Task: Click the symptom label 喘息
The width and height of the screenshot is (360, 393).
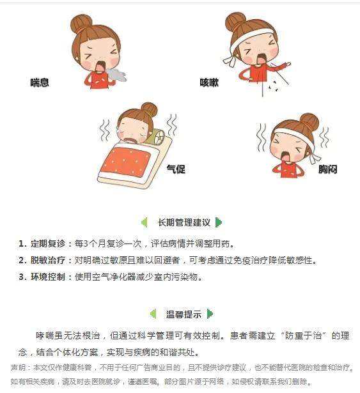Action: tap(40, 82)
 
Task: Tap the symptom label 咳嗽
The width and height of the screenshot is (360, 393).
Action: tap(209, 82)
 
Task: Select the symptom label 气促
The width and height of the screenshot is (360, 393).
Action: tap(176, 169)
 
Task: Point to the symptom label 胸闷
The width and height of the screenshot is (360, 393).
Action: tap(327, 169)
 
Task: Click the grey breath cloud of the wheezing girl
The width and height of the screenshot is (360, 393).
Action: tap(116, 74)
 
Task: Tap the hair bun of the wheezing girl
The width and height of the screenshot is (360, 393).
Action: tap(81, 23)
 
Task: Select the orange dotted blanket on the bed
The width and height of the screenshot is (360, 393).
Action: tap(126, 162)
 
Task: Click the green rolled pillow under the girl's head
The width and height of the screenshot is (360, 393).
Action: tap(157, 137)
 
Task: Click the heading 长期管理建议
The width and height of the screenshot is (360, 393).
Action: tap(184, 222)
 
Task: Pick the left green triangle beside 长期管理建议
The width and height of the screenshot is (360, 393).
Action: tap(145, 222)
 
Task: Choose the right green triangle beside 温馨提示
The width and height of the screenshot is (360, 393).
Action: tap(210, 314)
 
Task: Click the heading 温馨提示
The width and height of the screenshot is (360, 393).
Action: tap(184, 314)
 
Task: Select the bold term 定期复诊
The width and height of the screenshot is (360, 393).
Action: tap(48, 243)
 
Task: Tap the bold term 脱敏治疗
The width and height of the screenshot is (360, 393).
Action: tap(48, 260)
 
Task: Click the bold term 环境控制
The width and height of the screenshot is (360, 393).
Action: tap(48, 277)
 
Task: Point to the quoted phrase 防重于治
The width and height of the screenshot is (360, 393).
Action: tap(304, 335)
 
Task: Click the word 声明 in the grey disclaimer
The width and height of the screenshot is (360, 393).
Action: tap(18, 367)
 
